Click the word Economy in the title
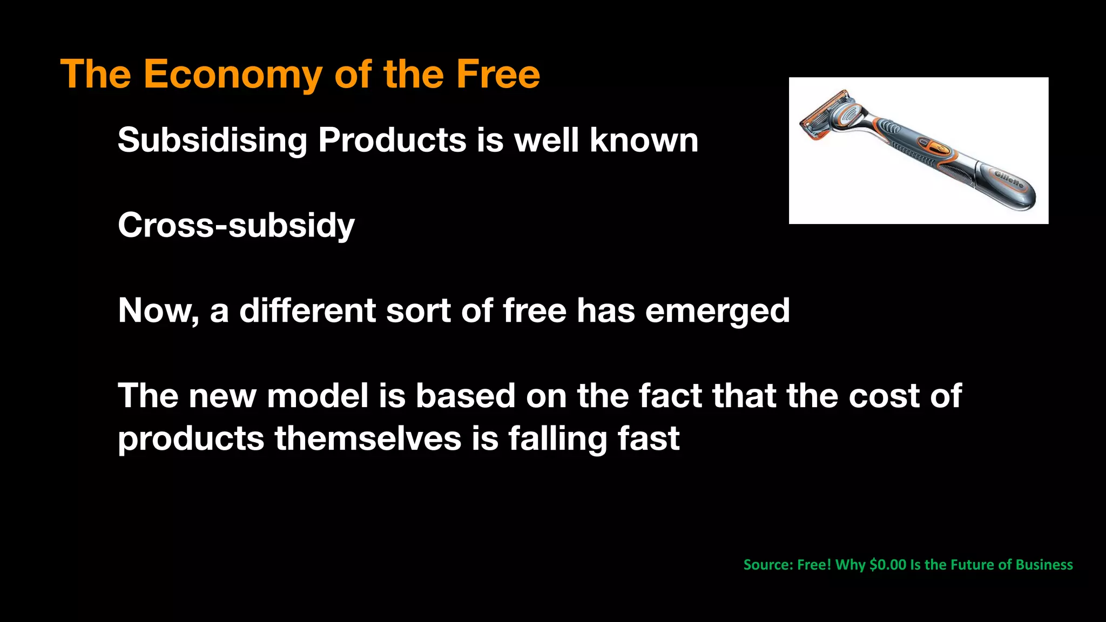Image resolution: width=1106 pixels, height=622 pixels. click(x=232, y=75)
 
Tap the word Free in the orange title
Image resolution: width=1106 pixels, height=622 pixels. click(x=497, y=75)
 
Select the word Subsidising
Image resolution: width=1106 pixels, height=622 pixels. click(x=212, y=140)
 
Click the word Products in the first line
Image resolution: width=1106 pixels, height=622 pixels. click(x=392, y=140)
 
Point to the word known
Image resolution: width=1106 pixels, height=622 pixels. click(x=644, y=140)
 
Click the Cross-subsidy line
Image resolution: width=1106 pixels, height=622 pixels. click(x=236, y=225)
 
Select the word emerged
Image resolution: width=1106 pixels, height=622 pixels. click(x=717, y=311)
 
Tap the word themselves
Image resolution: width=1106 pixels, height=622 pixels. click(x=368, y=438)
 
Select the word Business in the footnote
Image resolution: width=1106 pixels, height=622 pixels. click(x=1044, y=565)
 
